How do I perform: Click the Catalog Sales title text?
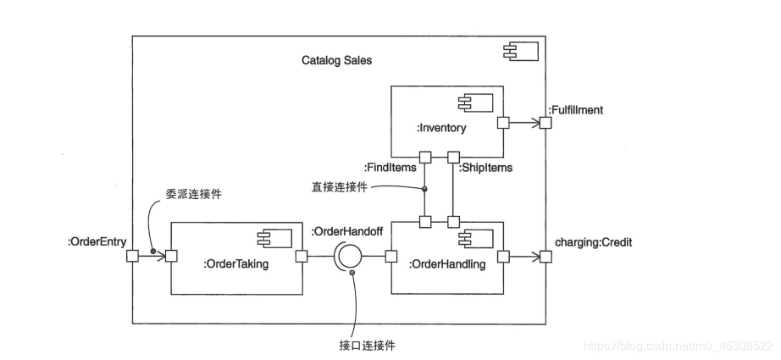pyautogui.click(x=336, y=60)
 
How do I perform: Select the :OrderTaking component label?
pyautogui.click(x=235, y=264)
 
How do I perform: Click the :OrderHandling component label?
pyautogui.click(x=447, y=264)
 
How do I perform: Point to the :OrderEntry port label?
pyautogui.click(x=94, y=243)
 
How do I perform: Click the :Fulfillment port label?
pyautogui.click(x=575, y=109)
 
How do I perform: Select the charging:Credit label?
pyautogui.click(x=594, y=242)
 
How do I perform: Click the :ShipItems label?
pyautogui.click(x=485, y=168)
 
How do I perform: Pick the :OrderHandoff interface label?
pyautogui.click(x=346, y=230)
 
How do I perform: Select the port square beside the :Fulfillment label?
pyautogui.click(x=546, y=123)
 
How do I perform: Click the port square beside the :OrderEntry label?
pyautogui.click(x=131, y=256)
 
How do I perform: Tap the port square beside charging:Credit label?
pyautogui.click(x=546, y=256)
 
